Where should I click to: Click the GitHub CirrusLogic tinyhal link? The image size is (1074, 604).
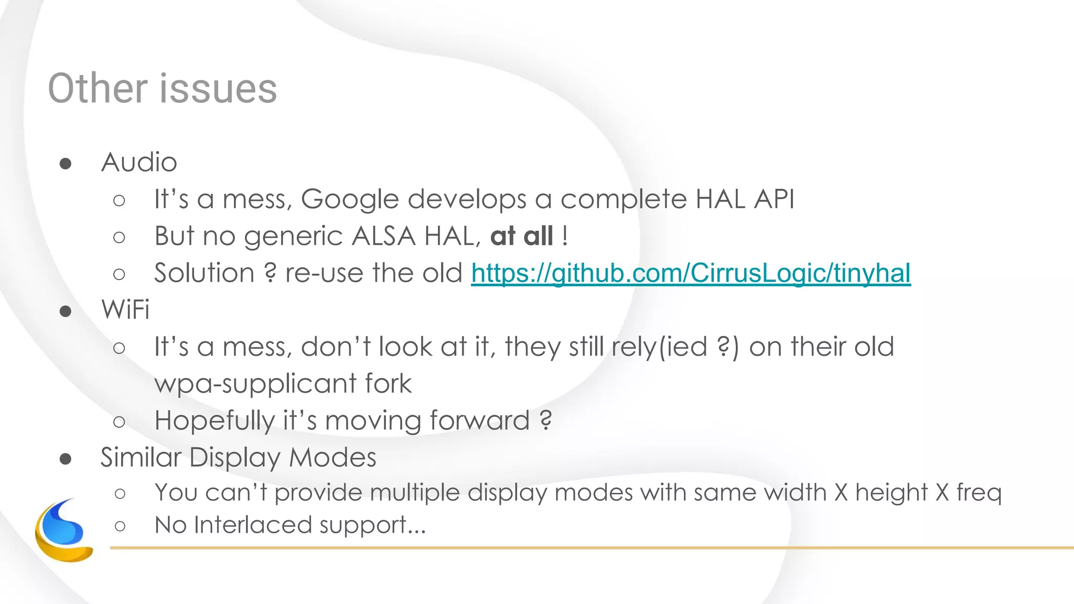pos(691,273)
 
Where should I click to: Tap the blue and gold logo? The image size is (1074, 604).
pos(63,531)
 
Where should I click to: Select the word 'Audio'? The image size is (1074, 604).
pos(139,162)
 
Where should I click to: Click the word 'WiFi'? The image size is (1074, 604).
pos(125,309)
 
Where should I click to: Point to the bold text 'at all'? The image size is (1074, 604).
pos(522,236)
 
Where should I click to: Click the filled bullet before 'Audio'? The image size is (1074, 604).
pos(66,164)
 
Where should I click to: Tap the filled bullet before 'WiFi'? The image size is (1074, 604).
pos(66,311)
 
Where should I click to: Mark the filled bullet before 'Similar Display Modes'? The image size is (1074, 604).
pos(66,459)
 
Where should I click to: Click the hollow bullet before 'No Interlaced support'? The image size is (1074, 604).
pos(120,525)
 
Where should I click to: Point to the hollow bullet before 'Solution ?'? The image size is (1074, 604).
pos(119,274)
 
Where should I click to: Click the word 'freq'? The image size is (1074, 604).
pos(979,493)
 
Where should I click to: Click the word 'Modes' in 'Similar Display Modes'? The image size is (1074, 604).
pos(332,457)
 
